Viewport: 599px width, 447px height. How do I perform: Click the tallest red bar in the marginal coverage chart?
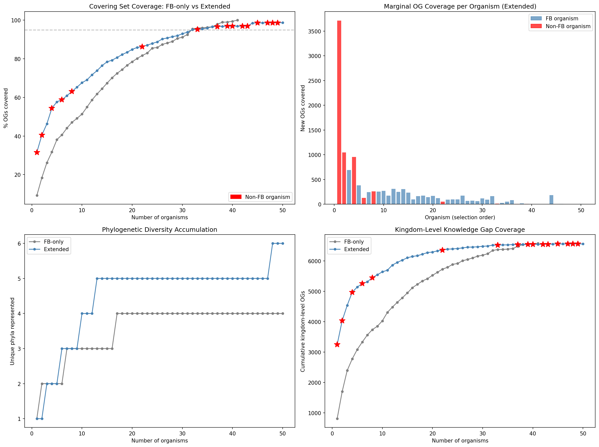tap(339, 112)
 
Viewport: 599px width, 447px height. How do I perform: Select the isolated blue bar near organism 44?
tap(551, 199)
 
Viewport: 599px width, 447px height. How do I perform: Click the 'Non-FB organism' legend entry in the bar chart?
tap(568, 26)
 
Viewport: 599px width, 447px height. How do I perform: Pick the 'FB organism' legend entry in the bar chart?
tap(562, 18)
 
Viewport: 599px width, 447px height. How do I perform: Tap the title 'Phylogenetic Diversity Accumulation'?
tap(160, 230)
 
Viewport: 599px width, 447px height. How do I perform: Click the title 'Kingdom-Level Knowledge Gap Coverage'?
tap(460, 230)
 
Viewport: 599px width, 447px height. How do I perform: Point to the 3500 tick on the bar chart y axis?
tap(315, 31)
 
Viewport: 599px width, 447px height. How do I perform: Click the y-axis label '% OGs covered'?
tap(6, 108)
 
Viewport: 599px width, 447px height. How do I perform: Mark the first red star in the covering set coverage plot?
tap(37, 152)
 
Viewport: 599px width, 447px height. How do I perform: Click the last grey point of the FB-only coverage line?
tap(237, 20)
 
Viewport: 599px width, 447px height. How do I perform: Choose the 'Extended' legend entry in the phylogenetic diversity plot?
tap(56, 249)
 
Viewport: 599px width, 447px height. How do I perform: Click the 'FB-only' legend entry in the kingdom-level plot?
tap(354, 242)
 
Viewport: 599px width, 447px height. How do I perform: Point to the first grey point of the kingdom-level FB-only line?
tap(337, 419)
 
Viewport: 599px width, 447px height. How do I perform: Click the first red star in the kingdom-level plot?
tap(337, 345)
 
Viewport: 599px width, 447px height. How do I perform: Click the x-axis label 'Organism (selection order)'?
tap(460, 217)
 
